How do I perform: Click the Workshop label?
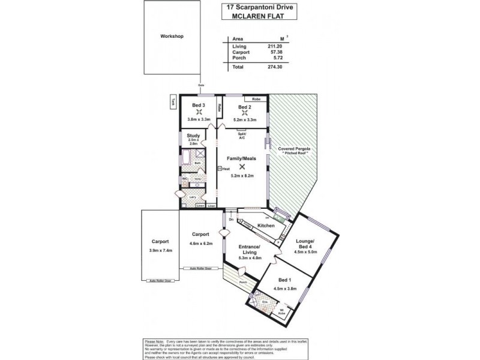click(172, 37)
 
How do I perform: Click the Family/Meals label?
click(242, 158)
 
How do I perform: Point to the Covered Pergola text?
click(294, 148)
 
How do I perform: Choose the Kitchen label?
click(266, 226)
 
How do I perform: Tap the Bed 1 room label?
click(285, 280)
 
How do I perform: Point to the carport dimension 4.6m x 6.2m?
click(200, 244)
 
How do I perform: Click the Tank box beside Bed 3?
click(172, 103)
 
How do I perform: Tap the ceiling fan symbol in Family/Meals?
click(242, 167)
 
